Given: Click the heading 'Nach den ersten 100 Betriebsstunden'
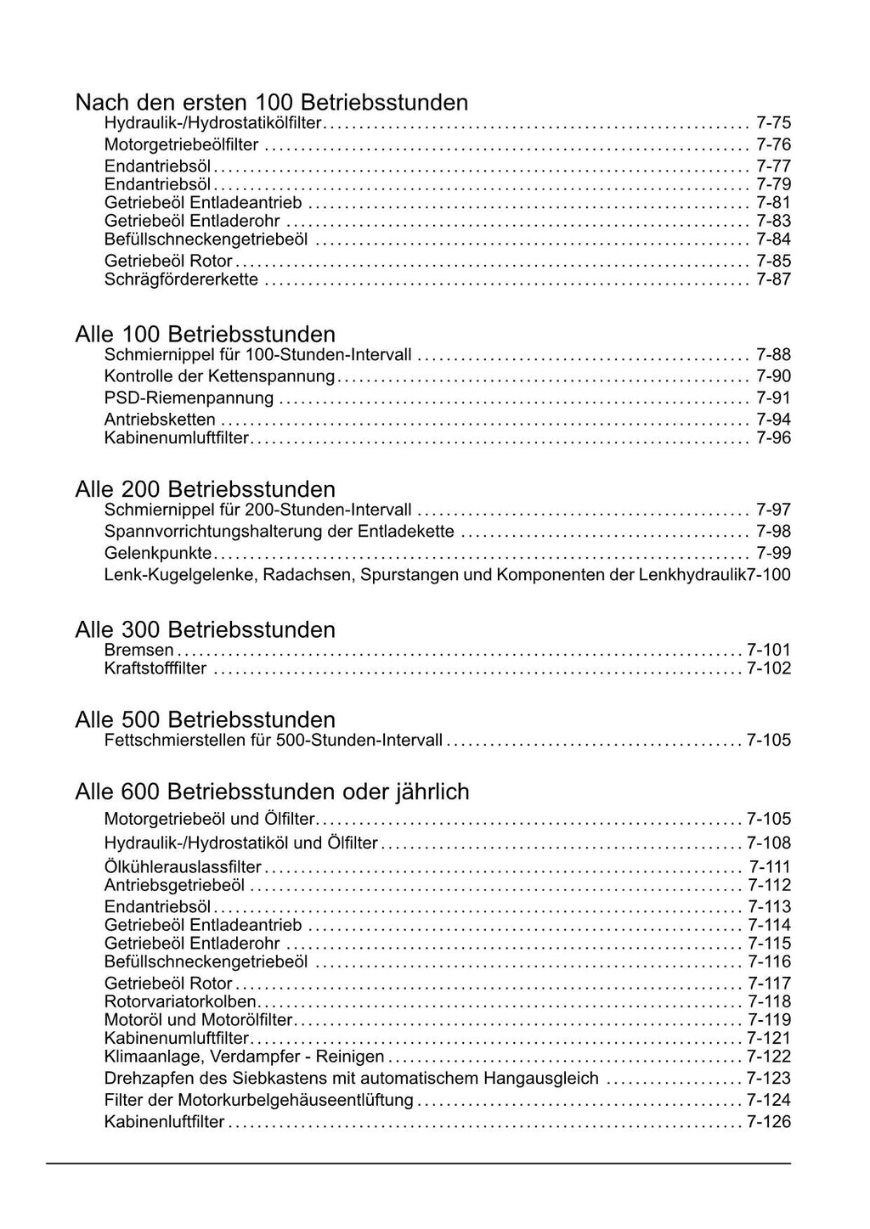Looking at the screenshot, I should point(271,103).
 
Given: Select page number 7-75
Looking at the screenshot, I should point(773,123).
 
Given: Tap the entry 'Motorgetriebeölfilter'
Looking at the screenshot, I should point(181,144).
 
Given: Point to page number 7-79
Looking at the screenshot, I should point(773,184).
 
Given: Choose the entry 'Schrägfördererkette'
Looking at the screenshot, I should point(181,279).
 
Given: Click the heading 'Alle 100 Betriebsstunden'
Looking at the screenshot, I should point(205,334).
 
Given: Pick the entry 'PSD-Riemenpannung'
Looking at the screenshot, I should point(189,397).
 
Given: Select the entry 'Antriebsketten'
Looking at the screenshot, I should point(160,419).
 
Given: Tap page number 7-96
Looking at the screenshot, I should point(773,438).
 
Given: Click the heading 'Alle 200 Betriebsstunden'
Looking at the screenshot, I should point(205,489).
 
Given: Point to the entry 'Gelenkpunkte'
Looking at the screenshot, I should point(158,553).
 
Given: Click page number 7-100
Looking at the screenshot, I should point(769,575).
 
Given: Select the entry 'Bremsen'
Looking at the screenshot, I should point(138,650).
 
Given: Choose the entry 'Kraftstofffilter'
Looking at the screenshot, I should point(155,668).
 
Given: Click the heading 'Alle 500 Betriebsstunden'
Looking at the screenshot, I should point(205,719).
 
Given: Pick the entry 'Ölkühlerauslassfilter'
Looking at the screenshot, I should point(183,867).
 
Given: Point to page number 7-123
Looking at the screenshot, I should point(768,1078).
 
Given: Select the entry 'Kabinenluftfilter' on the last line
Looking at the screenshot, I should point(164,1122).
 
